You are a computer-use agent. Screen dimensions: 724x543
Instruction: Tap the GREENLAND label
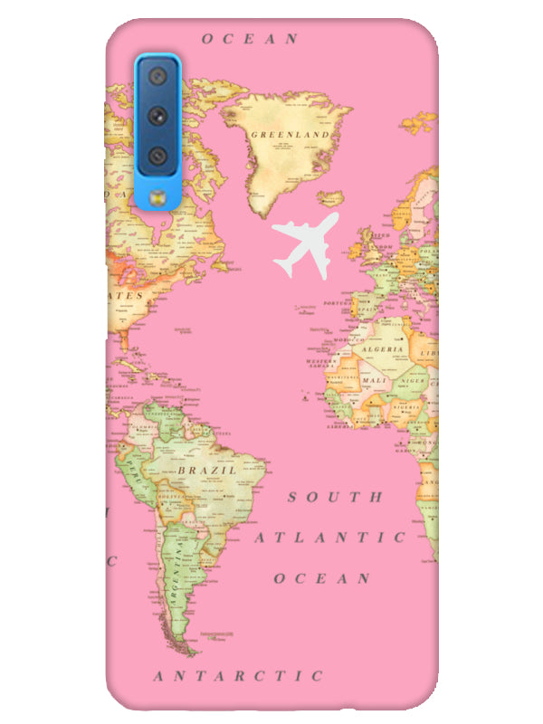[x=289, y=134]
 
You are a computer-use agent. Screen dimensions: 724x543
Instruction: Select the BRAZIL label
[x=207, y=471]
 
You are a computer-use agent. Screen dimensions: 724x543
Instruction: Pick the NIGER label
[x=412, y=381]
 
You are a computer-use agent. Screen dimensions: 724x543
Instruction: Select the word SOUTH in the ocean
[x=335, y=497]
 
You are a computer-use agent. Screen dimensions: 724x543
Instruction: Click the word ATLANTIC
[x=329, y=538]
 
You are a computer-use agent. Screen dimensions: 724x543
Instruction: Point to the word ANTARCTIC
[x=237, y=676]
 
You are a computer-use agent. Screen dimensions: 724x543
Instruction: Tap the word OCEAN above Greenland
[x=250, y=39]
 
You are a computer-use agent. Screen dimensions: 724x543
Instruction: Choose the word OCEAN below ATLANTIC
[x=322, y=578]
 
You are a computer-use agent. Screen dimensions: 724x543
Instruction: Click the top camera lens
[x=157, y=76]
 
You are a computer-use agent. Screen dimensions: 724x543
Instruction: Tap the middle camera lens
[x=157, y=116]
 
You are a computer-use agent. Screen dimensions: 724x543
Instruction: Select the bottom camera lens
[x=157, y=156]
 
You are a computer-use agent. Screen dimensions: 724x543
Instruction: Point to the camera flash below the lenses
[x=157, y=195]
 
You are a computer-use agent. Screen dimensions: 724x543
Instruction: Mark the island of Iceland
[x=332, y=197]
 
